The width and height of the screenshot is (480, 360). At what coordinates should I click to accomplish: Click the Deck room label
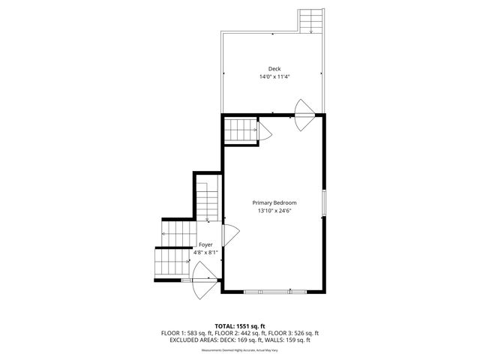click(x=274, y=69)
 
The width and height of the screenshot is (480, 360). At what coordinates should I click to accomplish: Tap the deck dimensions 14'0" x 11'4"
click(x=274, y=76)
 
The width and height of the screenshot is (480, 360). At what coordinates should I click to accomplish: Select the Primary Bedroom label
click(x=274, y=202)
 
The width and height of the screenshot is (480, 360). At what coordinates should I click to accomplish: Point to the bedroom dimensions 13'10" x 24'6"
click(x=274, y=211)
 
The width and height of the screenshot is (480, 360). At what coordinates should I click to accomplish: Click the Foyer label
click(x=205, y=244)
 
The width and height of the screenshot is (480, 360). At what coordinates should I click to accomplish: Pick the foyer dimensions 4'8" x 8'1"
click(x=205, y=253)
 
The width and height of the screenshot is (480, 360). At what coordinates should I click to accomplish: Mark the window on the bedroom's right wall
click(x=324, y=202)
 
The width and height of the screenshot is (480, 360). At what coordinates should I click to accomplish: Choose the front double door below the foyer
click(x=204, y=286)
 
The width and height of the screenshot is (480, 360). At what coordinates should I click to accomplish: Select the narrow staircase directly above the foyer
click(x=207, y=201)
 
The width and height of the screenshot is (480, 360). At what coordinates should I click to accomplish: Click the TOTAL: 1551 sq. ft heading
click(x=240, y=326)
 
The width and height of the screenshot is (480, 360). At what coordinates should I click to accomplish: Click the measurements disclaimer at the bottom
click(x=240, y=350)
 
